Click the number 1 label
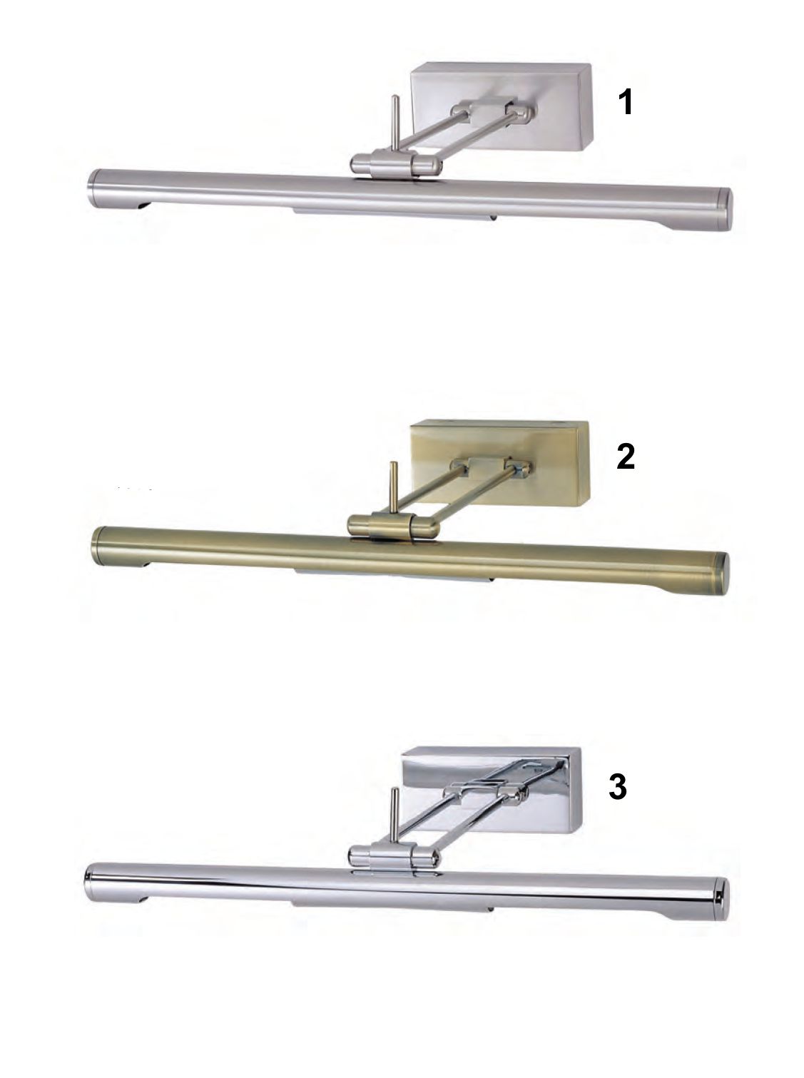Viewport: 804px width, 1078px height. click(x=625, y=103)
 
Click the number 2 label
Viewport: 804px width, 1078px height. click(x=625, y=456)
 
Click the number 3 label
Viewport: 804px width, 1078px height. click(x=617, y=786)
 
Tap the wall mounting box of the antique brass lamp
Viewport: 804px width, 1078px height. click(x=499, y=462)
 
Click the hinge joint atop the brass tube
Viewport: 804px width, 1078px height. click(x=393, y=526)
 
